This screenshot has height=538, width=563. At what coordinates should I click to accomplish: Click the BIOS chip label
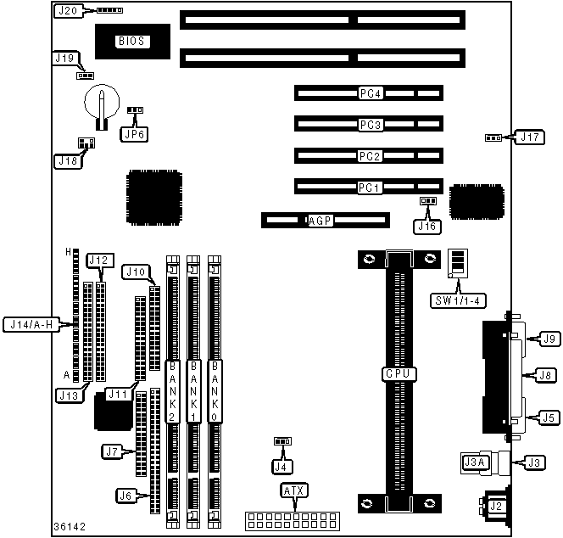131,40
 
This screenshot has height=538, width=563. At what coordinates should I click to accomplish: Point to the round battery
102,104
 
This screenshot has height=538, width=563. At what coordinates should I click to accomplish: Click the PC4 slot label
371,92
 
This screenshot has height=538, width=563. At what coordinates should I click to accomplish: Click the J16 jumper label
426,226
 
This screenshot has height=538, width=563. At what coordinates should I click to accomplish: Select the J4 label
281,464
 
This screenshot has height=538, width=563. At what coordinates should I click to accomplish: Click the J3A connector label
475,462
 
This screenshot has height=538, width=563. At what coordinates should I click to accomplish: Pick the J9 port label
550,339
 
